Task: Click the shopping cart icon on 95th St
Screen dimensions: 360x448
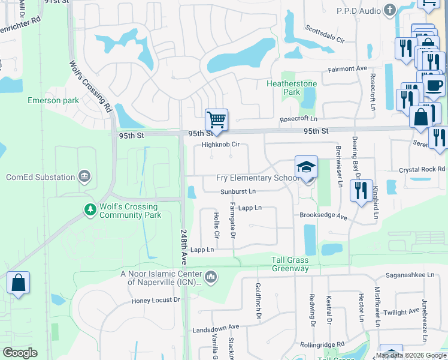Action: coord(216,119)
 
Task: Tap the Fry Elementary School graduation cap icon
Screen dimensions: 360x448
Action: coord(305,167)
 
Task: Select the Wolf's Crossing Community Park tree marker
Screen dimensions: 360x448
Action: coord(90,209)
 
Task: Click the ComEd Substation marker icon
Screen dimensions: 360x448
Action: coord(84,176)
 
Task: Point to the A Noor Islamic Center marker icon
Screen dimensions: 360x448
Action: coord(210,277)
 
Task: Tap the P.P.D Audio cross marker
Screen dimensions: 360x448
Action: coord(390,10)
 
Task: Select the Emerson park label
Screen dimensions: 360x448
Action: coord(53,100)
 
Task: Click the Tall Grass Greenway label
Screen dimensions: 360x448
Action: coord(290,264)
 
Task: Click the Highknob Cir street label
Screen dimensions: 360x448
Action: coord(220,145)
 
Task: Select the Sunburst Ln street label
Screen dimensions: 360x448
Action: coord(238,191)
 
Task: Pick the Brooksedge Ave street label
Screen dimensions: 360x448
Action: coord(323,216)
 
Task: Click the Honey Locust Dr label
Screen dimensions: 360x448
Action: coord(156,300)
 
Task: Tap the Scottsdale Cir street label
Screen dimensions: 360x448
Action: coord(325,34)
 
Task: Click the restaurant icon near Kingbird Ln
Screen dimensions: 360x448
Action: coord(361,190)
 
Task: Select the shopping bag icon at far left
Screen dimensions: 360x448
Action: coord(18,283)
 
